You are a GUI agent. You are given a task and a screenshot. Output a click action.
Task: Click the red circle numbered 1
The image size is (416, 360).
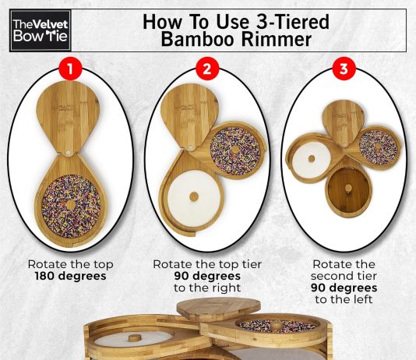click(70, 69)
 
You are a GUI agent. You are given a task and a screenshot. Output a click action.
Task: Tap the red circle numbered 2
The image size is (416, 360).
click(207, 69)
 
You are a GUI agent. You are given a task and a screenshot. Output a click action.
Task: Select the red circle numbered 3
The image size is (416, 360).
click(344, 69)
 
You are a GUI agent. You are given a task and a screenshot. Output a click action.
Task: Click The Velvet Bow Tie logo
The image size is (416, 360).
click(41, 30)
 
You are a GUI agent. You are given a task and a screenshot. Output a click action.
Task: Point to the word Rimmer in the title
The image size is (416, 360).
click(277, 39)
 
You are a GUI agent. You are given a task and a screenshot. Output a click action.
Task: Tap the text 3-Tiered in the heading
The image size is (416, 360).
click(292, 22)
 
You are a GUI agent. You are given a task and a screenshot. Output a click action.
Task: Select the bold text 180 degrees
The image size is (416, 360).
click(71, 276)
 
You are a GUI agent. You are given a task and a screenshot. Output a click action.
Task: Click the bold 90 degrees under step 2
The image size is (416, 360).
click(207, 276)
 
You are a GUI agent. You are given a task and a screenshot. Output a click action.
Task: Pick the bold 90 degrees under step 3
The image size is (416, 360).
click(344, 288)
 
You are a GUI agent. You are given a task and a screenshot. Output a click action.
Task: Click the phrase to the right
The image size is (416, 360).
click(207, 288)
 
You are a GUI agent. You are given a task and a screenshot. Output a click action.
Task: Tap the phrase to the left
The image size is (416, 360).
click(344, 299)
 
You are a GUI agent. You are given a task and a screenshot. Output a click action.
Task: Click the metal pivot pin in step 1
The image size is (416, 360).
click(69, 153)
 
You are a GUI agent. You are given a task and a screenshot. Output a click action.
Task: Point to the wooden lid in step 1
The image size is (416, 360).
click(68, 117)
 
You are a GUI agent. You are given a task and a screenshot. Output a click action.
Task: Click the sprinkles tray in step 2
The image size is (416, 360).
click(235, 150)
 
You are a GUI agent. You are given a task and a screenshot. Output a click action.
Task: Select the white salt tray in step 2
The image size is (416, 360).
click(194, 196)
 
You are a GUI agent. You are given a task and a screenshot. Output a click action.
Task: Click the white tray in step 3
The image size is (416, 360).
click(311, 159)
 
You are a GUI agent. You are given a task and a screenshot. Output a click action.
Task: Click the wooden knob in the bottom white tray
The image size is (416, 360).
click(136, 338)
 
